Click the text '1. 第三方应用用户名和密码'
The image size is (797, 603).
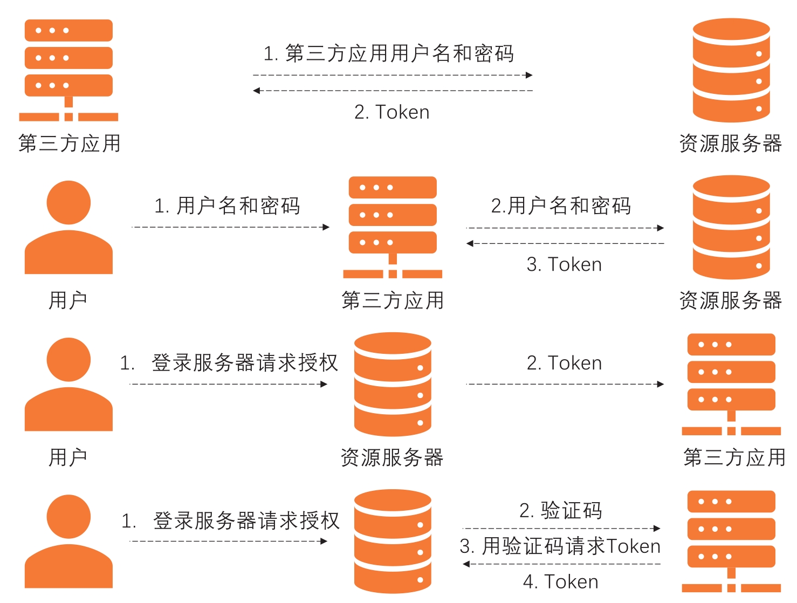coord(388,53)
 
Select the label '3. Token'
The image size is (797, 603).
coord(564,264)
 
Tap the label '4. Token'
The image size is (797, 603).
coord(561,582)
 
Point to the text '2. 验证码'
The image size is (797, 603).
coord(561,510)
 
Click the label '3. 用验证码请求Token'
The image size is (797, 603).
coord(560,546)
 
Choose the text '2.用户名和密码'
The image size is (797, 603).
coord(561,205)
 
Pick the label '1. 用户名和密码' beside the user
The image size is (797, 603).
coord(227,205)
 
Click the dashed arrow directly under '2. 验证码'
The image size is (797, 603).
coord(561,529)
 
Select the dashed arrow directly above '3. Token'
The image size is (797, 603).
coord(565,244)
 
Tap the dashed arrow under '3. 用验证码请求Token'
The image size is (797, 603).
coord(561,564)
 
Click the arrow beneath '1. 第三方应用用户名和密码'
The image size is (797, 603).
coord(393,75)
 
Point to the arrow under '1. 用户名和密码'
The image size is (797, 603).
coord(230,227)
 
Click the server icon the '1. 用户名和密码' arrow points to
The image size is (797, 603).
coord(393,227)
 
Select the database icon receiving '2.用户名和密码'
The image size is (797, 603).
coord(731,227)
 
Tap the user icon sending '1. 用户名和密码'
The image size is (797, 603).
coord(68,227)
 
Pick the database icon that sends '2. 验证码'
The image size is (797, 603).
coord(393,541)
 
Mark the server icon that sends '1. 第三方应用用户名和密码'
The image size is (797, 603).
coord(68,70)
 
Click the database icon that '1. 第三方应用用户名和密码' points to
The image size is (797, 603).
coord(731,70)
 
